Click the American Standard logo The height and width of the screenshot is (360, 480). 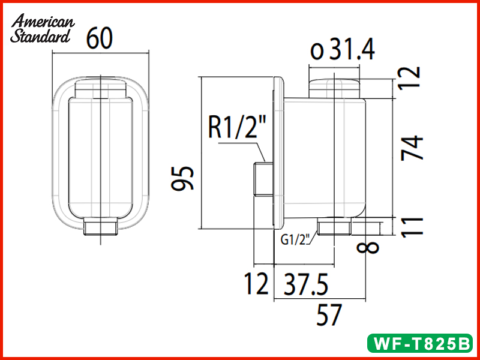[x=42, y=29]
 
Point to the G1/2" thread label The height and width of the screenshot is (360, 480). [x=295, y=239]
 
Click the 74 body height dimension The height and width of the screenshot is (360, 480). [x=413, y=147]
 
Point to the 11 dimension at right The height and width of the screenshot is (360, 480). [x=413, y=226]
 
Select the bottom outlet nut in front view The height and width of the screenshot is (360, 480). [x=100, y=227]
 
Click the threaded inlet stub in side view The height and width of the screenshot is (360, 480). [x=262, y=179]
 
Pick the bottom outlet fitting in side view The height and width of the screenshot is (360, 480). [x=334, y=227]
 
